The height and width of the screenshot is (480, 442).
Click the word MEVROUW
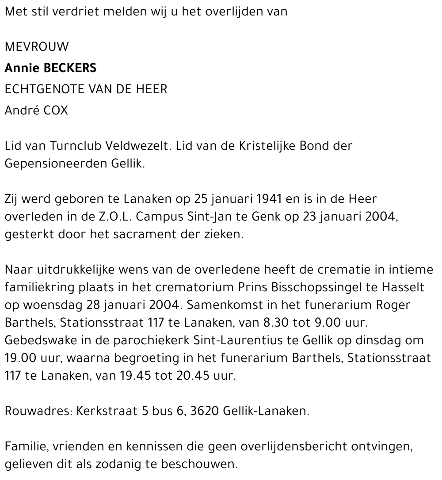[37, 47]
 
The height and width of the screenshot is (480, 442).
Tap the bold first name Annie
[21, 68]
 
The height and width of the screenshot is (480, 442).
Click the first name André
[21, 110]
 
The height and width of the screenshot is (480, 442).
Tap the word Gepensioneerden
[54, 164]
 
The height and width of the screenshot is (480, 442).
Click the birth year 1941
[271, 199]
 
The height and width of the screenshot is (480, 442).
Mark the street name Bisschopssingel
[305, 287]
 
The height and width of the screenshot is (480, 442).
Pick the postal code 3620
[205, 411]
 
